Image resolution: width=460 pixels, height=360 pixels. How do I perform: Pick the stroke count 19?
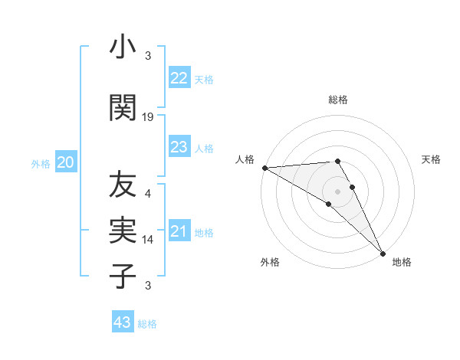coord(148,116)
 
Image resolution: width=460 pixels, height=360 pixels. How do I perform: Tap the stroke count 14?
coord(148,238)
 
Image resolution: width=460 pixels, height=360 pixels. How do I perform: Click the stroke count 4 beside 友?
coord(148,193)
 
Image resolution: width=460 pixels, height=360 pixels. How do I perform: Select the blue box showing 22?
coord(179,78)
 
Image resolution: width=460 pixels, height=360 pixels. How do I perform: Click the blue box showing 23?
coord(179,147)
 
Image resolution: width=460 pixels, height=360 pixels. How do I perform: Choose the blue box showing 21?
coord(179,231)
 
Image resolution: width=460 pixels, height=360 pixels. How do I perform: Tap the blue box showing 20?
coord(66,162)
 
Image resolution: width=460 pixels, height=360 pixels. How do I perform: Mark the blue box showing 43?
coord(122,322)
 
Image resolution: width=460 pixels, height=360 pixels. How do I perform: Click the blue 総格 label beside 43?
coord(147,324)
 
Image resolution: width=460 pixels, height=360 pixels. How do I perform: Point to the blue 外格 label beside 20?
coord(41,163)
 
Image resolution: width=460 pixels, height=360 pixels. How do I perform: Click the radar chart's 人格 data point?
coord(264,168)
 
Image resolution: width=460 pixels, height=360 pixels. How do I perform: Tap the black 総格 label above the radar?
coord(337,100)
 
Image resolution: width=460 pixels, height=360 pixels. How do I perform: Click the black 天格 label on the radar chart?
coord(431,159)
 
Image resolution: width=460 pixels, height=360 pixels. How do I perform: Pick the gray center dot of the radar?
coord(337,190)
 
